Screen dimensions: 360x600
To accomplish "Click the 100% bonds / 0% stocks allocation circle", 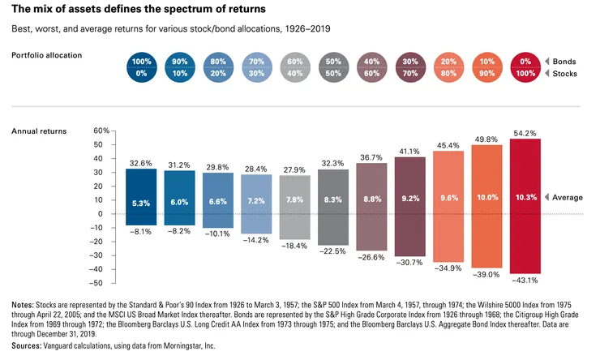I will click(144, 68).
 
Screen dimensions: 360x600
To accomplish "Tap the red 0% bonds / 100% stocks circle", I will click(526, 68).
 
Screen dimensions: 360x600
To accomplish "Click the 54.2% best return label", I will click(525, 131).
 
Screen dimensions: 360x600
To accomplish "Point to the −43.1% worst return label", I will click(525, 281).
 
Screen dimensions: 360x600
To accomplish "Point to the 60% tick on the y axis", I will click(101, 130).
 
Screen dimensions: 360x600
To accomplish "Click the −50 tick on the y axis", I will click(101, 283).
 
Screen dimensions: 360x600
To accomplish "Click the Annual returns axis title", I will click(39, 131).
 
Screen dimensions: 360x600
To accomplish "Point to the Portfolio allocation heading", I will click(46, 55).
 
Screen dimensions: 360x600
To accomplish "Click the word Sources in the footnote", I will click(28, 345).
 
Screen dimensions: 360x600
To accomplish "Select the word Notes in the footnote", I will click(23, 305).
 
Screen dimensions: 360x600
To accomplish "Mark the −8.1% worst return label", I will click(141, 230).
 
